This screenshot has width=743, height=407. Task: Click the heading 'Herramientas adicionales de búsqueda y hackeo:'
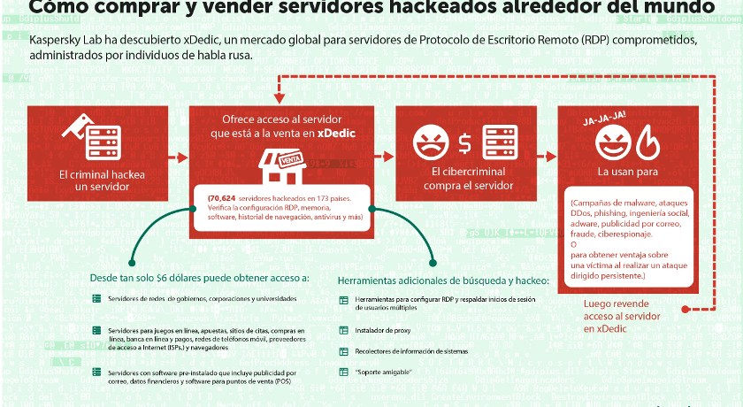pos(444,281)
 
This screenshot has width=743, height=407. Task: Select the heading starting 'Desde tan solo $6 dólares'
pos(200,278)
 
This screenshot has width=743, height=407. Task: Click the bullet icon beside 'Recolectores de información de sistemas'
pos(345,352)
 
